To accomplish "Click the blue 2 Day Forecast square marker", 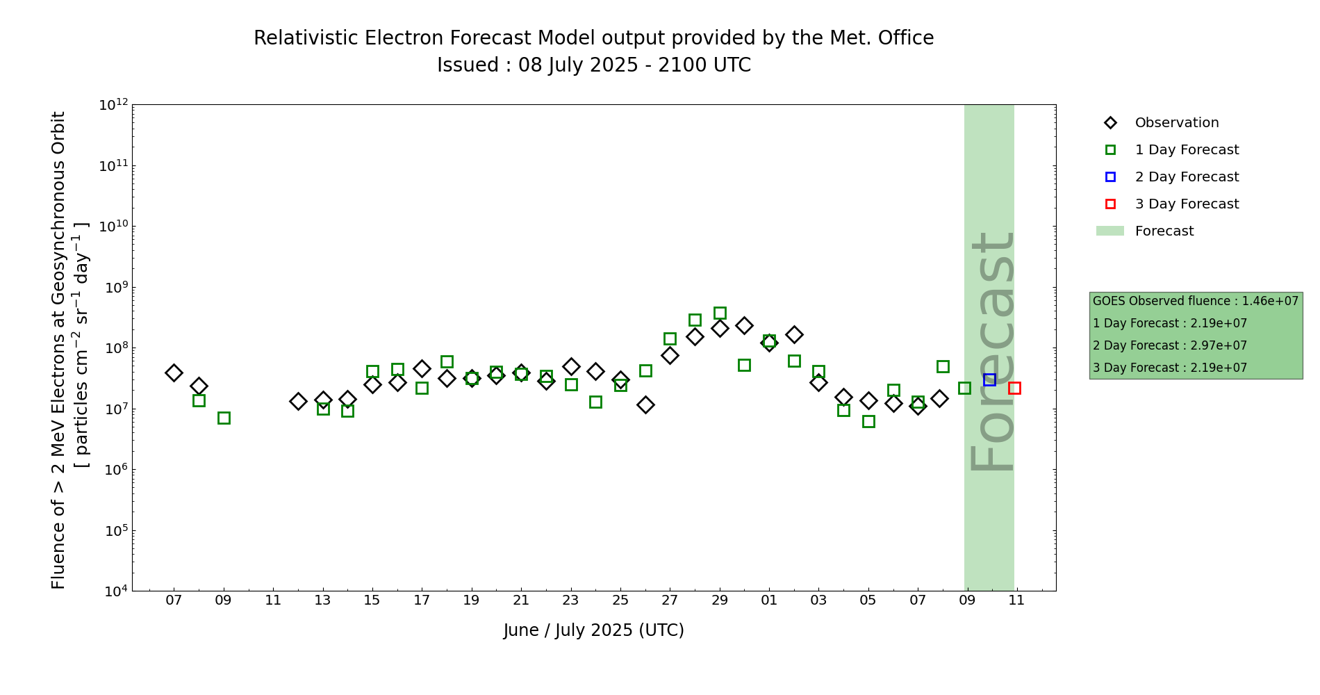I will click(x=989, y=379).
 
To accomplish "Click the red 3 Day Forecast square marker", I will click(x=1014, y=388).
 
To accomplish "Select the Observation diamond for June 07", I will click(x=174, y=373).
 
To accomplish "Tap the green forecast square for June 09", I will click(x=224, y=418).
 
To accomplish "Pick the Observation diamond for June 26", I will click(x=645, y=404).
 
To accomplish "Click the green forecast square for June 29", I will click(x=720, y=313).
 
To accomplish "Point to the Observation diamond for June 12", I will click(x=298, y=401).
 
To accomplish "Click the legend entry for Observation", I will click(x=1176, y=123).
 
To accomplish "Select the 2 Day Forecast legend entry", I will click(x=1186, y=177).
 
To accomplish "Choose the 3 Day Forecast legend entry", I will click(x=1186, y=204).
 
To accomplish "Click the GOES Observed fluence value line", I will click(x=1195, y=301).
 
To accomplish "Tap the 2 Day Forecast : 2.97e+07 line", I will click(x=1169, y=345).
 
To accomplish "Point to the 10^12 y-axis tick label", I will click(x=113, y=105).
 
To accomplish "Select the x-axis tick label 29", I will click(x=720, y=600).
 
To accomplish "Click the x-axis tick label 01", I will click(x=769, y=600).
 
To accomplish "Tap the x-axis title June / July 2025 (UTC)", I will click(x=593, y=630).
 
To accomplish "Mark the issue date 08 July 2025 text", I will click(x=578, y=65).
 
